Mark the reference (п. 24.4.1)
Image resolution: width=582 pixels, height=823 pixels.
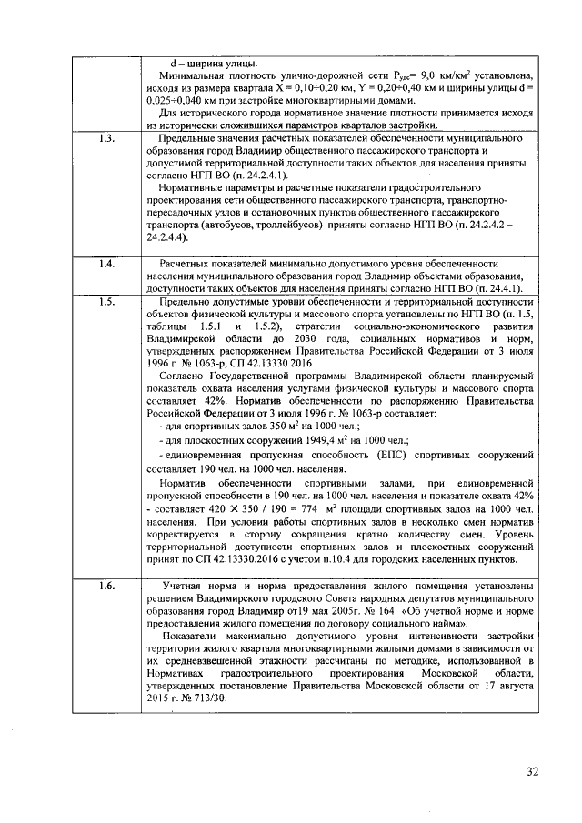507,288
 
